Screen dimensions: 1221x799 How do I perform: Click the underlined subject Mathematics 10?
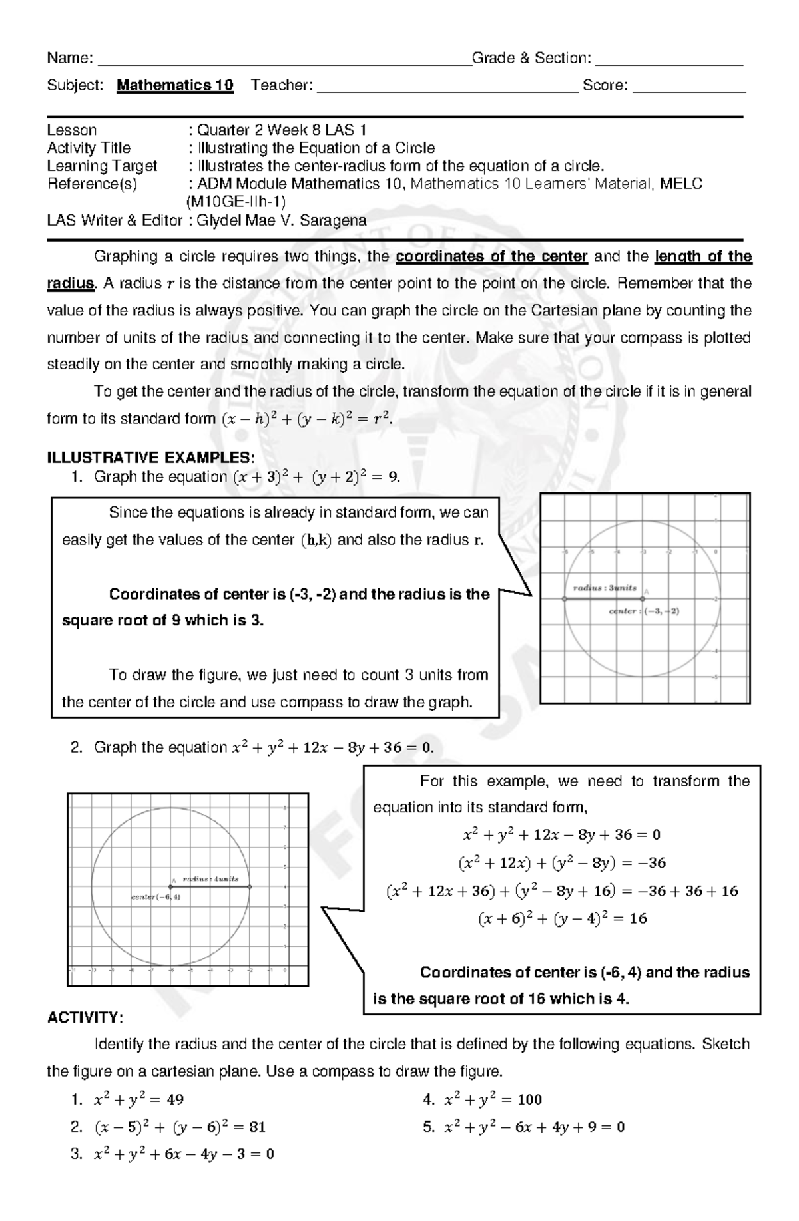(174, 85)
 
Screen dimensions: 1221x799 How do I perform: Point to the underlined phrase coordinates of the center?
(491, 257)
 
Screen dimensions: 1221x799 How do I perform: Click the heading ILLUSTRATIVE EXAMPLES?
(150, 458)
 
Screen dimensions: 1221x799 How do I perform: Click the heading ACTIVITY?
(85, 1018)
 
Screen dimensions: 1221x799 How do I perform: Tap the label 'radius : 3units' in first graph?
(605, 588)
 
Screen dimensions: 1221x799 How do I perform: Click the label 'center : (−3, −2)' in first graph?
(644, 611)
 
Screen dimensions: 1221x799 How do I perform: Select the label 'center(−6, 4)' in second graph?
(155, 897)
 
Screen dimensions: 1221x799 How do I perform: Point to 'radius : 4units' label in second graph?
(211, 879)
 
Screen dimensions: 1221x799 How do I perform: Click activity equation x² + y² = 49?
(138, 1099)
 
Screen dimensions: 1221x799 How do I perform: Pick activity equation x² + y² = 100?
(493, 1099)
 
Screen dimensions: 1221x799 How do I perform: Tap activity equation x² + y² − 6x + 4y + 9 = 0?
(534, 1127)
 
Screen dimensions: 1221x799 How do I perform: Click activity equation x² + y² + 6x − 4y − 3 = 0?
(184, 1154)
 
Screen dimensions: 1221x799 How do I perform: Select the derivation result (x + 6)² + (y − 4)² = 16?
(563, 919)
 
